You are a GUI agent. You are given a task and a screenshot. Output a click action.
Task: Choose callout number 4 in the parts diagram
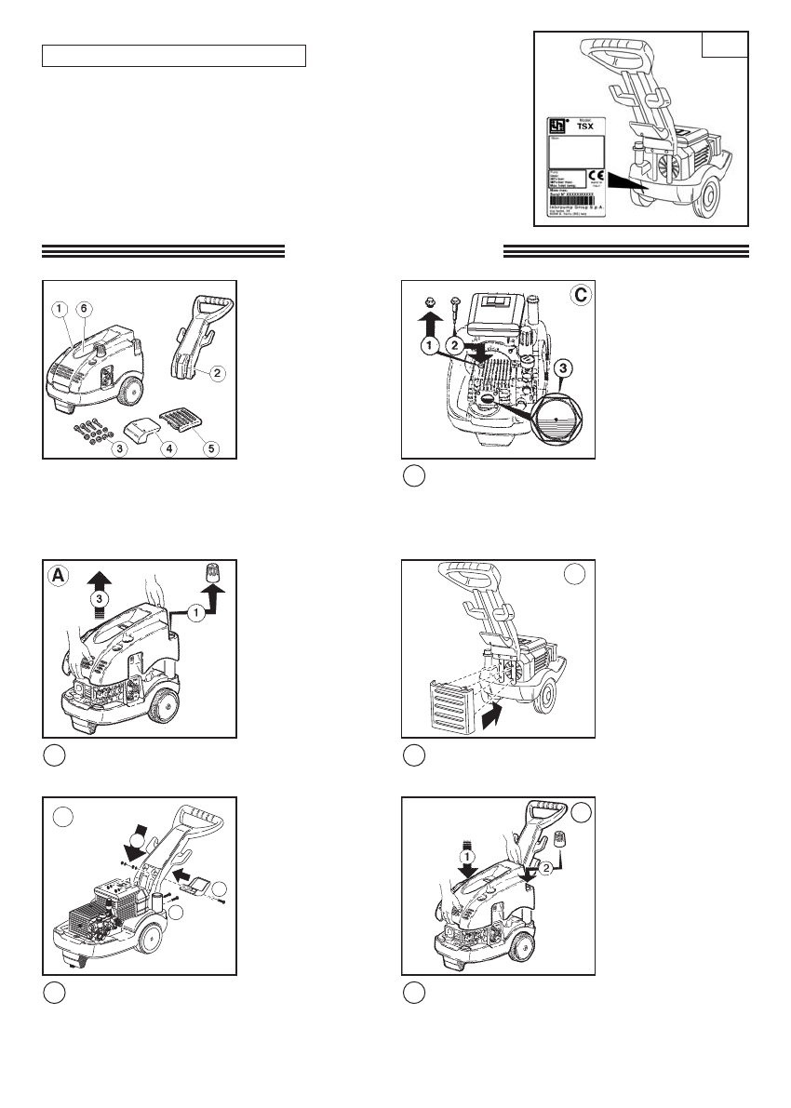coord(170,448)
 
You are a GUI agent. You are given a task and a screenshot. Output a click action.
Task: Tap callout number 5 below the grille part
coord(212,448)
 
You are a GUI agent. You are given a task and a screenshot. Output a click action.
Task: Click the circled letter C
coord(578,296)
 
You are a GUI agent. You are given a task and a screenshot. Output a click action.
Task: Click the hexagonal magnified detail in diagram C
coord(556,420)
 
